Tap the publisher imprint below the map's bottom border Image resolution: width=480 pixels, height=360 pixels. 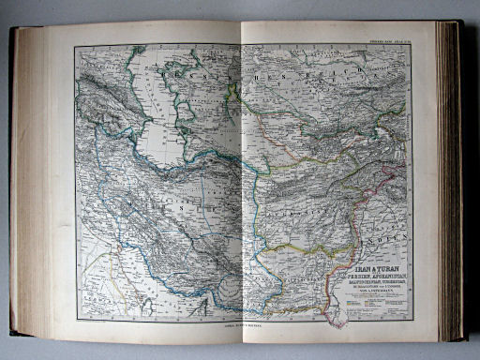pos(242,325)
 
